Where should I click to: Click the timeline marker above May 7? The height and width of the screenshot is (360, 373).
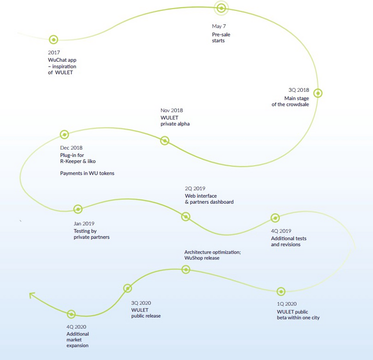[221, 8]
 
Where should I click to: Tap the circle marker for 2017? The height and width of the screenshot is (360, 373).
[53, 39]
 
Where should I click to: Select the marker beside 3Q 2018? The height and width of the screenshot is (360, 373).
[318, 93]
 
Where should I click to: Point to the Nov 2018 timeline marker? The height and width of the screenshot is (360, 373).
[165, 140]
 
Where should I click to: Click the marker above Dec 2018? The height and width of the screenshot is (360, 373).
[64, 135]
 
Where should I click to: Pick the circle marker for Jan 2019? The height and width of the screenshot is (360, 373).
[78, 209]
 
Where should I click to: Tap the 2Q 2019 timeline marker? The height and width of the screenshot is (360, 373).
[186, 217]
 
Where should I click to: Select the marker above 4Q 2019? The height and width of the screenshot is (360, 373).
[275, 218]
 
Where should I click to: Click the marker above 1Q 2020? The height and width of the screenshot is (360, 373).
[281, 291]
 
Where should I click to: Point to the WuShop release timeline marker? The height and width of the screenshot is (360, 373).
[186, 269]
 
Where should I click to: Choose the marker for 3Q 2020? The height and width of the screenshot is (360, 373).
[128, 288]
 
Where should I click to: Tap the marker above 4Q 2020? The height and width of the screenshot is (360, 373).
[71, 314]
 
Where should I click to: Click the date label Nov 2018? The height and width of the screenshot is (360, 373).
[172, 110]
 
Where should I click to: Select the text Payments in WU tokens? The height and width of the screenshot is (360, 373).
[87, 173]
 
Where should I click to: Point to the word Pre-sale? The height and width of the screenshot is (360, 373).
[221, 34]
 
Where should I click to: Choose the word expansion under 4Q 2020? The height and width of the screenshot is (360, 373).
[77, 345]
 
